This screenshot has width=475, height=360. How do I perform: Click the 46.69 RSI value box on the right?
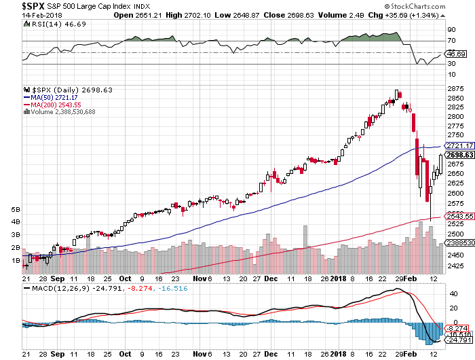tap(453, 53)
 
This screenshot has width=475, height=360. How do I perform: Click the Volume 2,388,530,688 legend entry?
tap(62, 112)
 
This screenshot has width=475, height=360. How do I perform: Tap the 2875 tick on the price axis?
tap(453, 89)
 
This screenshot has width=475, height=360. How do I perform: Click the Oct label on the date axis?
tap(125, 277)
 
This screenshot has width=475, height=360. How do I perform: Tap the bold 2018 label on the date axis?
tap(338, 277)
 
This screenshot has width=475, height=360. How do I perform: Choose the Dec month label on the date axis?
tap(270, 277)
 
